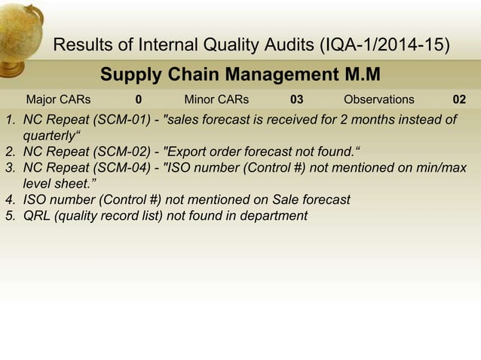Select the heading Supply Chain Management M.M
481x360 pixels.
[x=240, y=75]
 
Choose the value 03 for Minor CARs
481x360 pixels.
[x=297, y=99]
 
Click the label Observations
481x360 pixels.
[x=378, y=99]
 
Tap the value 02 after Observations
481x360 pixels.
[x=458, y=99]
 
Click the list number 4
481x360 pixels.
[x=8, y=200]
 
